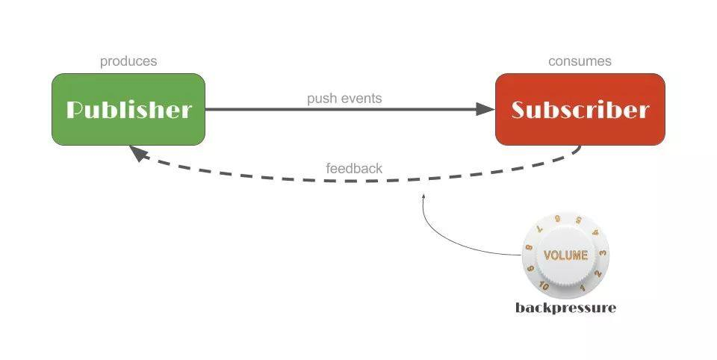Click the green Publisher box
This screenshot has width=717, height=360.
pos(128,109)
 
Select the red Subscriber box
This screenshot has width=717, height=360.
pos(580,109)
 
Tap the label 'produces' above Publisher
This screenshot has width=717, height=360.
pos(128,62)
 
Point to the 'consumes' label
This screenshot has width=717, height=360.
pos(580,61)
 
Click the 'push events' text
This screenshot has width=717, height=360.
pos(344,99)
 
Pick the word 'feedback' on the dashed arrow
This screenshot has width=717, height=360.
pos(354,168)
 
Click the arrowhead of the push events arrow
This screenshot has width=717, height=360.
pos(485,109)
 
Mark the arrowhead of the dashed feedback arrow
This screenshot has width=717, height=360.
pos(139,154)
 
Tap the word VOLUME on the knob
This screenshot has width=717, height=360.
pos(565,255)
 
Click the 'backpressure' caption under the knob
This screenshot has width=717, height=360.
pos(565,308)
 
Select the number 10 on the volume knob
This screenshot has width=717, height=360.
pos(543,286)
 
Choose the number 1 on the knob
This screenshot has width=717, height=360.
pos(583,288)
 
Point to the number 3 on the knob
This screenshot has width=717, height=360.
pos(603,253)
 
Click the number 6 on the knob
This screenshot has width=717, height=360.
pos(557,219)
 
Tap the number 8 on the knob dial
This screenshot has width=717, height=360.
pos(530,247)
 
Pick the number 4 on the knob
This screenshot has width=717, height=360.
pos(595,233)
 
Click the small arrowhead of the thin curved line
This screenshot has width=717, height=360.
pos(424,196)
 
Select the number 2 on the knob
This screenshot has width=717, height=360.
pos(597,273)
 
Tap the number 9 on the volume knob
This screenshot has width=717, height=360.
pos(530,269)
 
